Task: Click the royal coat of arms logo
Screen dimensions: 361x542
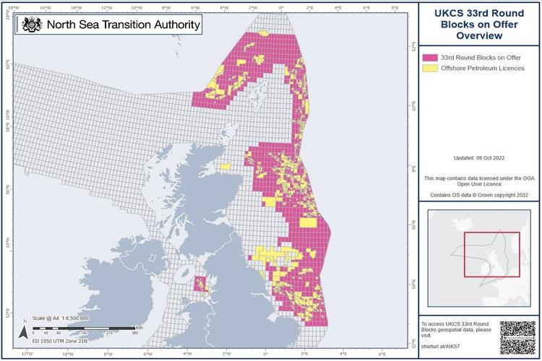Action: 32,25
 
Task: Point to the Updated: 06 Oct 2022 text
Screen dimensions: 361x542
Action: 480,157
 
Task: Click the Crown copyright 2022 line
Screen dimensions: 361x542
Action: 480,195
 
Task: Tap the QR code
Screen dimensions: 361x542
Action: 518,337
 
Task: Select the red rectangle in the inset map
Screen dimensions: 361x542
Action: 491,254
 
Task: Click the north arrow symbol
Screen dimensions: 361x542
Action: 23,331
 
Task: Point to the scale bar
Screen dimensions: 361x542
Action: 83,327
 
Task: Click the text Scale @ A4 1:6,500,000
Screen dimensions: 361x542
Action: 61,318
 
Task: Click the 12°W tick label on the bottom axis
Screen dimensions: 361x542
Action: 27,354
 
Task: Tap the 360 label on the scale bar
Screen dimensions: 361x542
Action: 135,333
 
